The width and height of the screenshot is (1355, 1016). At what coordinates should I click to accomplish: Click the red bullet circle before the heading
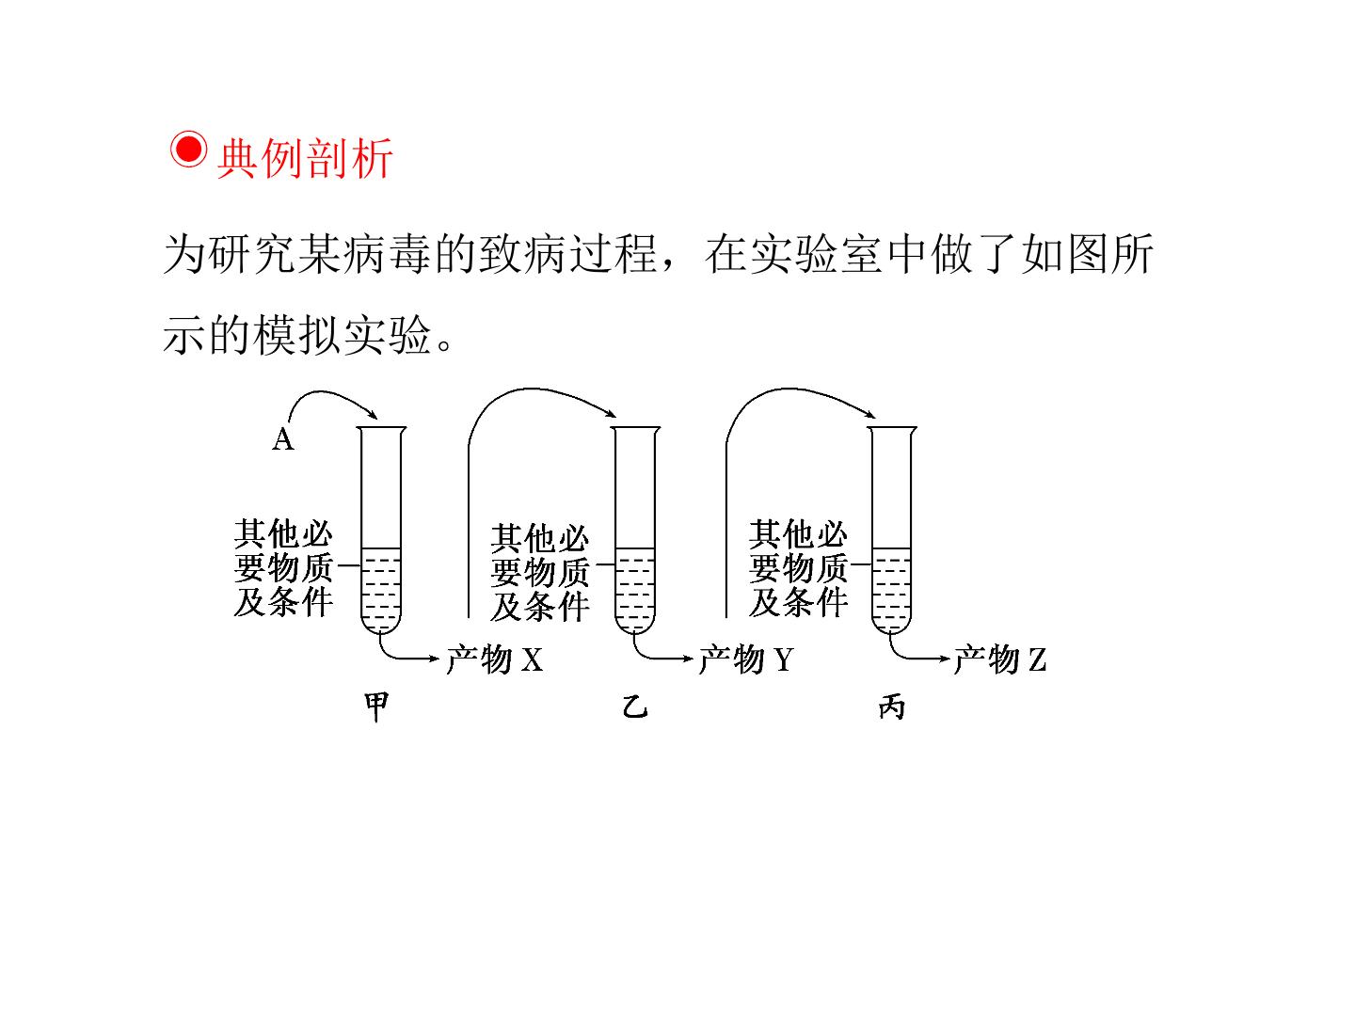(188, 150)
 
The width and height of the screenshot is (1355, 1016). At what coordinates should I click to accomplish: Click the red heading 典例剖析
(305, 159)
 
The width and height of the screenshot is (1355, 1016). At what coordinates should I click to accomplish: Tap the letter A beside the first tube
(283, 439)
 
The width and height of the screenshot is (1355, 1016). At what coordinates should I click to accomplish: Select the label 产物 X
(495, 659)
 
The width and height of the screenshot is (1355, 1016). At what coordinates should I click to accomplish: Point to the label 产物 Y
(746, 659)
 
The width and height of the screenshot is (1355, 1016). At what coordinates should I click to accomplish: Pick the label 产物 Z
(1000, 659)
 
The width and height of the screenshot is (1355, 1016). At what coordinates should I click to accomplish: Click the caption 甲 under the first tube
(376, 706)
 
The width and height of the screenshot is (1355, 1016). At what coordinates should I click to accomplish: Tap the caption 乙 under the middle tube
(635, 706)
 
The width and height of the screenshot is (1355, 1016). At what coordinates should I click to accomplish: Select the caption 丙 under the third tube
(892, 706)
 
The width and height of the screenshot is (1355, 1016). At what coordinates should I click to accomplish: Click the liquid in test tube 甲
(381, 589)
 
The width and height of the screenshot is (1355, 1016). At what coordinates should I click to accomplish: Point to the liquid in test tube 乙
(635, 589)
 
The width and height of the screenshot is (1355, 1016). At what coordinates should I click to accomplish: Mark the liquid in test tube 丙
(891, 589)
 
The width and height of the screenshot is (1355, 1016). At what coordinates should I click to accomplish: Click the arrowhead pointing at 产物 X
(434, 659)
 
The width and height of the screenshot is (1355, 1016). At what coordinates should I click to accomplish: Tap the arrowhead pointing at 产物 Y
(687, 659)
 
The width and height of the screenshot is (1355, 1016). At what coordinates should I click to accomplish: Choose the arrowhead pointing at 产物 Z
(943, 659)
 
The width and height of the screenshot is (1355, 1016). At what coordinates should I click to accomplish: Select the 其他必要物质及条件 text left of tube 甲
(283, 567)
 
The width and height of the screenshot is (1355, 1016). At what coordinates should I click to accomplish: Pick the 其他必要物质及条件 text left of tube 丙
(798, 567)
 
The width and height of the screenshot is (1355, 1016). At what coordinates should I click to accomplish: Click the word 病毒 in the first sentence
(387, 254)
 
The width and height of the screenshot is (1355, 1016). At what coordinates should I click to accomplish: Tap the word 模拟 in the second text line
(297, 335)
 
